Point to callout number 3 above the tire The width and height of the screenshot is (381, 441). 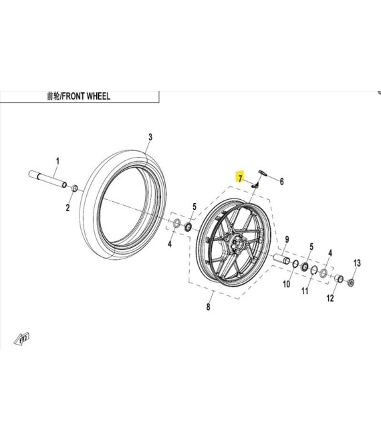[x=150, y=137]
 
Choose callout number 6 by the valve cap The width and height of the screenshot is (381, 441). [x=281, y=181]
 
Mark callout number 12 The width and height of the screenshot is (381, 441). [x=330, y=299]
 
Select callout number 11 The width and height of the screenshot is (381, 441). [x=304, y=291]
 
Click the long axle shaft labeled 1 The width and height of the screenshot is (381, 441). [x=47, y=178]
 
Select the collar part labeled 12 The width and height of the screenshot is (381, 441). [x=338, y=279]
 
